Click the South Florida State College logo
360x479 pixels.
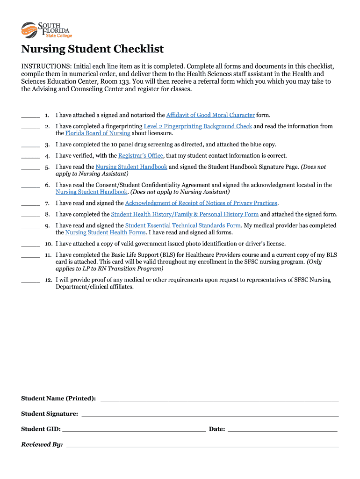(46, 30)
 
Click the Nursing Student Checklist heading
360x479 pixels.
(93, 49)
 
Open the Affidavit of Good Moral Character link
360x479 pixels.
(210, 115)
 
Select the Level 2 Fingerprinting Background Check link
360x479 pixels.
(198, 126)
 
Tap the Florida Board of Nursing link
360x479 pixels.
(98, 133)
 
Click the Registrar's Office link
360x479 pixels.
(141, 156)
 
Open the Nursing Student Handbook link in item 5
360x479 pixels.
(131, 167)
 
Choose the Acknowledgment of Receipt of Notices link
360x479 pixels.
(201, 203)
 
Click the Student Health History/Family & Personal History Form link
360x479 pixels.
(185, 214)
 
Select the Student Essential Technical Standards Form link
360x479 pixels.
(183, 225)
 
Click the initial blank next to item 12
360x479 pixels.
(30, 281)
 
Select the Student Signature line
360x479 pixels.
(210, 415)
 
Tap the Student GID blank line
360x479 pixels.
(134, 430)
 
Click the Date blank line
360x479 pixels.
(282, 430)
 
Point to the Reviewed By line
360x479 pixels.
(202, 446)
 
